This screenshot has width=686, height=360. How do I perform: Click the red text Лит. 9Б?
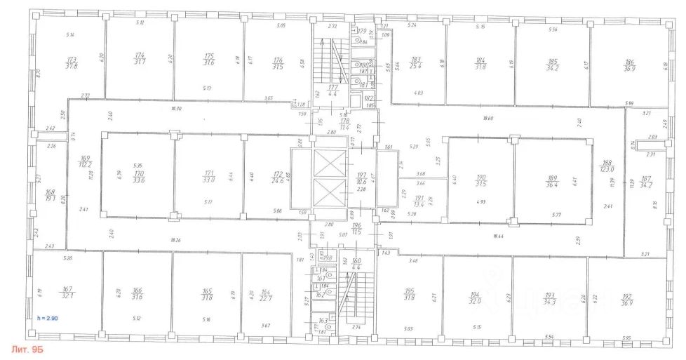pos(28,348)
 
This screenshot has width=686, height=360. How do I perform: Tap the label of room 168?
pos(50,194)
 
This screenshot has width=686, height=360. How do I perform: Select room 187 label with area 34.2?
pos(646,181)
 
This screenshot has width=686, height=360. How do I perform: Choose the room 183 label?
pos(416,63)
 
